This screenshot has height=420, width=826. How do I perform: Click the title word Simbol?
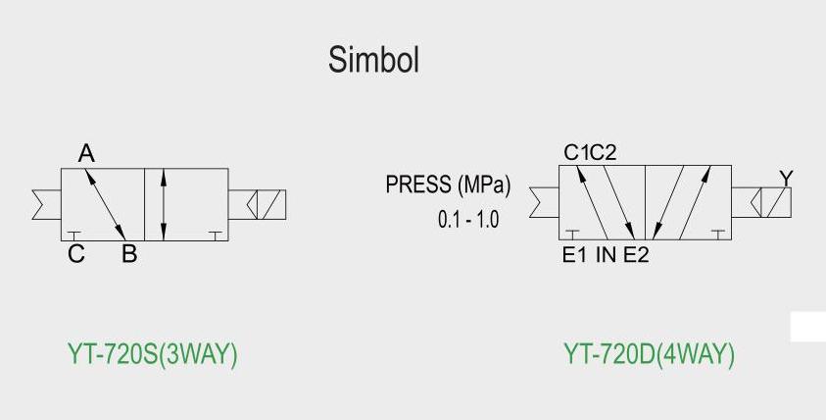coord(373,60)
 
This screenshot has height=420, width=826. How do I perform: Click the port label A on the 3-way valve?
coord(86,154)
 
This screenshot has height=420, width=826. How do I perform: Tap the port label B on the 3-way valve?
coord(128,255)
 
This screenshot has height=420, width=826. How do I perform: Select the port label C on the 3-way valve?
coord(76,255)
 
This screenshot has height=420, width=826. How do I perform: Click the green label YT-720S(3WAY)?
coord(152,354)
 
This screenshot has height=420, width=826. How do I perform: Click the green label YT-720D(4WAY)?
coord(649,354)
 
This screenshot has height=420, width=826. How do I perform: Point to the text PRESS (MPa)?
coord(448,184)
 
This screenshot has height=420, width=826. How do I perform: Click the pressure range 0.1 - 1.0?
coord(467,219)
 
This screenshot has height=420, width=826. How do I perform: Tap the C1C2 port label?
coord(590,152)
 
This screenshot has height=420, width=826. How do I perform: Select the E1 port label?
coord(573,255)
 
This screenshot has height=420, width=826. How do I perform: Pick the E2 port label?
coord(636,255)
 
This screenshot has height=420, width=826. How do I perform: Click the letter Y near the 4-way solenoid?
coord(786,178)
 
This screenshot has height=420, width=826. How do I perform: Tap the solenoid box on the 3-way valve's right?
coord(259,203)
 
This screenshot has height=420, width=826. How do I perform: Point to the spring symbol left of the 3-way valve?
coord(45,203)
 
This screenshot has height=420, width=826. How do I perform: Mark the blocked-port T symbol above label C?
coord(75,234)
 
